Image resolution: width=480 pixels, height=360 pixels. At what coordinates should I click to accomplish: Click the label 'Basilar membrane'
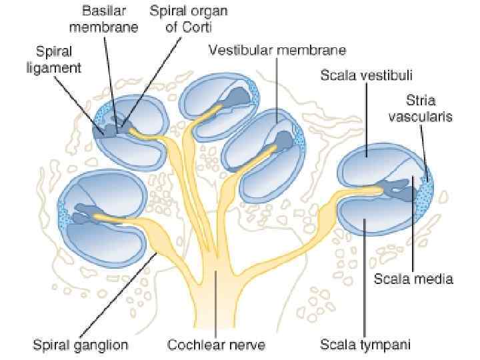click(110, 20)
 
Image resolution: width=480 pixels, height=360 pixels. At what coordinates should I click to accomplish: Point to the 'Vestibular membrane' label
click(277, 50)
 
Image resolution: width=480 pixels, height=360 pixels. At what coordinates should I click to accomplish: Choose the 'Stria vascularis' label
click(429, 109)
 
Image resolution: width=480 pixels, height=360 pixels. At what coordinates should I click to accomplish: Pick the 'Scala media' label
click(413, 279)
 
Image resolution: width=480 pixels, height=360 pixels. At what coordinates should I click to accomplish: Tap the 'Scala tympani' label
click(365, 345)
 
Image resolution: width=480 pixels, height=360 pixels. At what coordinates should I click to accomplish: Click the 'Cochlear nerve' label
click(216, 345)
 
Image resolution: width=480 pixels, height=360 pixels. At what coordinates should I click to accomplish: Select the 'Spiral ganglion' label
click(81, 345)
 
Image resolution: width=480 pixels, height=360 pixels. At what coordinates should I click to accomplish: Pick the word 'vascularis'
click(429, 117)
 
